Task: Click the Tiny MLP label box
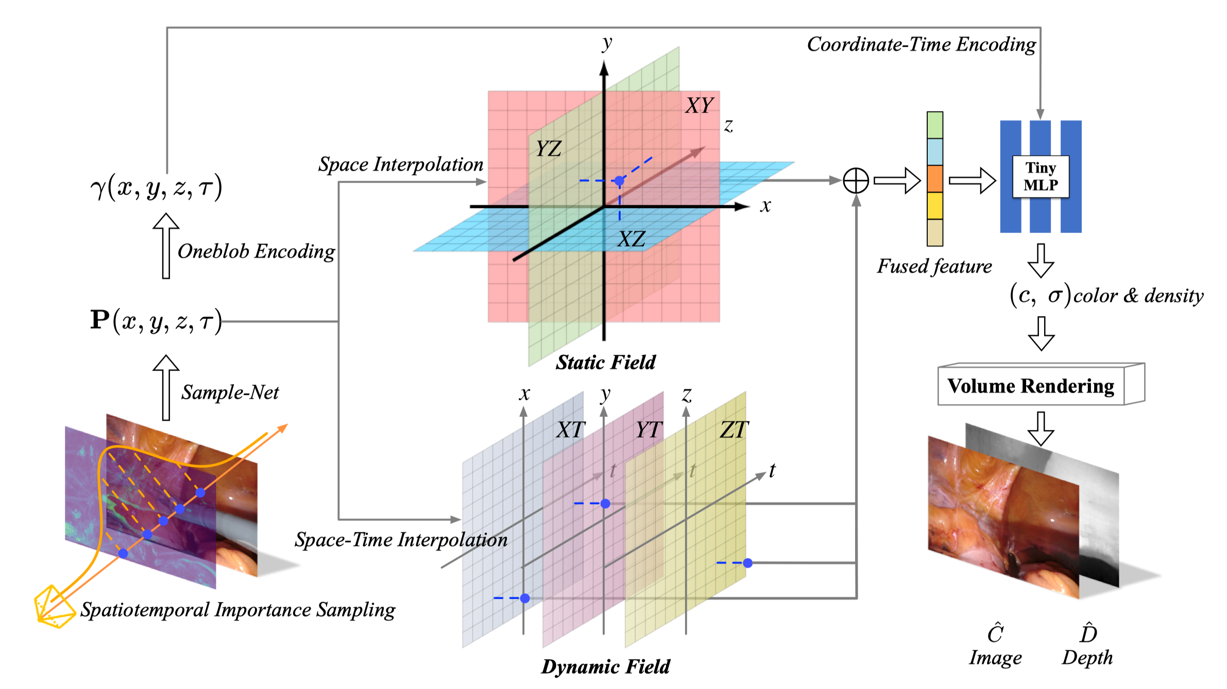[1040, 177]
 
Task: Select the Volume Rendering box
[1031, 386]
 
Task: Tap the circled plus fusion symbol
[856, 181]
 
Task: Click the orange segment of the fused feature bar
[934, 179]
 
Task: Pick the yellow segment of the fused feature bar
[934, 206]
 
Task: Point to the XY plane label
[699, 106]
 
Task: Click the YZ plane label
[548, 149]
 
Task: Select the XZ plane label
[631, 239]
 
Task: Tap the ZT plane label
[734, 430]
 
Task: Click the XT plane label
[571, 430]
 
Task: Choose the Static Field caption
[605, 363]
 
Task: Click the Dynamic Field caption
[605, 667]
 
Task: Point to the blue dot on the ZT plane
[747, 563]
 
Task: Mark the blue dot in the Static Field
[619, 181]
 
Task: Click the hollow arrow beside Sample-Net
[166, 387]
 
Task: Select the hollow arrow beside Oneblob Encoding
[166, 246]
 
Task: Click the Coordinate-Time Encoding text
[921, 45]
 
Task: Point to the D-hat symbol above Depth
[1088, 633]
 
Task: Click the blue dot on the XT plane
[524, 598]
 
